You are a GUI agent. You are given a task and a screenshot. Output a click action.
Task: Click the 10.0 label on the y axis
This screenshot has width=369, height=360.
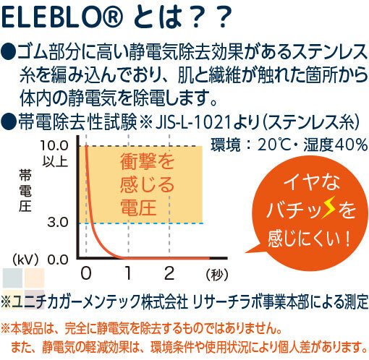click(55, 145)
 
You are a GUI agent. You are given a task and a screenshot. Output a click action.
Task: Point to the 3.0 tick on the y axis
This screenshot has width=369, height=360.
click(58, 222)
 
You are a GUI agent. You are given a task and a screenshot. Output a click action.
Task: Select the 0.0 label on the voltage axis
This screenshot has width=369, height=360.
click(58, 260)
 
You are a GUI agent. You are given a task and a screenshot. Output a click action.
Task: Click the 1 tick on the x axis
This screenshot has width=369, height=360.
click(128, 273)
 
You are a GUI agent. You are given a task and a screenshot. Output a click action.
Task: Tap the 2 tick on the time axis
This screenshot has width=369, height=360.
click(169, 273)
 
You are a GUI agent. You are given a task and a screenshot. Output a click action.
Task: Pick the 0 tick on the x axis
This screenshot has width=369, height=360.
click(86, 273)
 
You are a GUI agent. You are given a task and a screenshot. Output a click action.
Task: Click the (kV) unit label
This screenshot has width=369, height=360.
click(25, 260)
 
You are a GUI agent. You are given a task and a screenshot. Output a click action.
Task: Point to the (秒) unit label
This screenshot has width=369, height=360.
click(217, 274)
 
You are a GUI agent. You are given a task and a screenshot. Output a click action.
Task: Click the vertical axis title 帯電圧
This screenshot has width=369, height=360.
click(25, 190)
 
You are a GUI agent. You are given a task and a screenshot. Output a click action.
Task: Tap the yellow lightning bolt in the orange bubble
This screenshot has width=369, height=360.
click(329, 207)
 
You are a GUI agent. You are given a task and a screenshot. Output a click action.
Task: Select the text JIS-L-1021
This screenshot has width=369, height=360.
click(193, 122)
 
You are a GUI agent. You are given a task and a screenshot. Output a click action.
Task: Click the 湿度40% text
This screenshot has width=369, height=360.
click(336, 145)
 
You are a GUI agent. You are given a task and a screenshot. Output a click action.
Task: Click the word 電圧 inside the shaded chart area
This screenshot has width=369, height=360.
click(138, 207)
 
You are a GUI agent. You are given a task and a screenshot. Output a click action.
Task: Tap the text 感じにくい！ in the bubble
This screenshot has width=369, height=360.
click(310, 239)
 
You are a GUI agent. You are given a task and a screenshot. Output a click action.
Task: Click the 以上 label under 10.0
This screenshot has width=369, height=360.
click(55, 161)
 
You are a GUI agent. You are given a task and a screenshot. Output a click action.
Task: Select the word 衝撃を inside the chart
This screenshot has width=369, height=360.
click(147, 161)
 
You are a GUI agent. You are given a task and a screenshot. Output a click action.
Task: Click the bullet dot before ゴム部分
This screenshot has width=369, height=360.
click(9, 51)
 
